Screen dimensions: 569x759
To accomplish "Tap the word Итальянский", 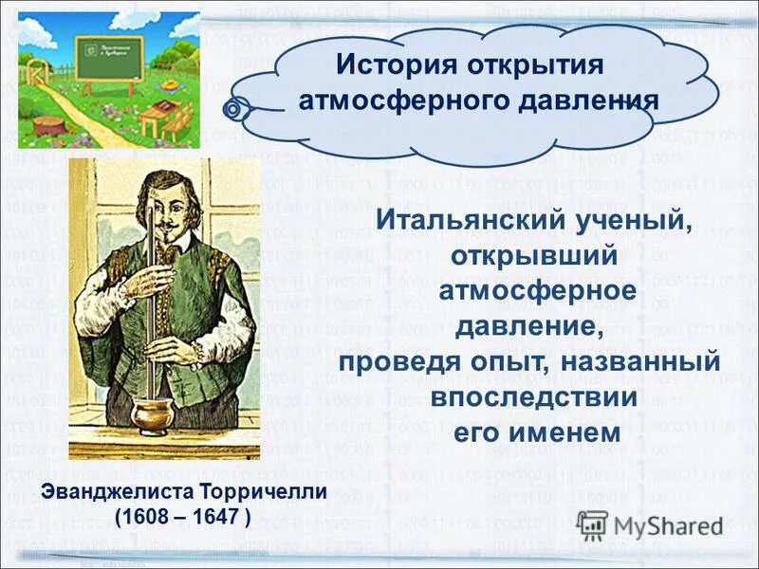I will (x=462, y=220).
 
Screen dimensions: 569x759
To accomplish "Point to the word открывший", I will (x=535, y=256).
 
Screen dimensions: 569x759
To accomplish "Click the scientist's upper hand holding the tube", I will (x=144, y=281).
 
